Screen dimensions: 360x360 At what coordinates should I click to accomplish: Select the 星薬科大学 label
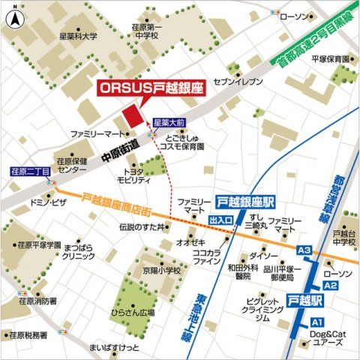click(79, 35)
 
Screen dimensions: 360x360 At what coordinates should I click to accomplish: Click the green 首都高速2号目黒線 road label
click(313, 37)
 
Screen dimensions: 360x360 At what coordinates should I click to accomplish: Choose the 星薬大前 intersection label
click(169, 121)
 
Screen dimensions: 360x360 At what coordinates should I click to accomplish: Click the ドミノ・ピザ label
click(45, 203)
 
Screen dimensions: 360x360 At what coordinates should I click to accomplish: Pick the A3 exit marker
click(304, 250)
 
